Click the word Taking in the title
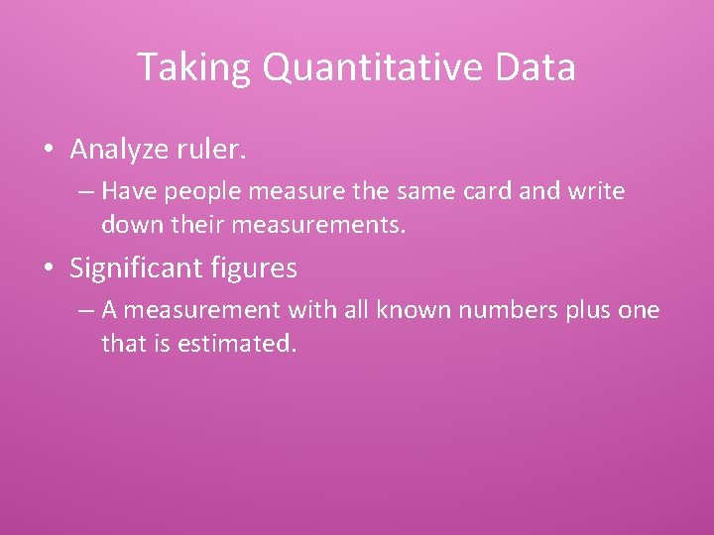tap(179, 67)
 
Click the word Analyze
tap(119, 151)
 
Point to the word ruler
tap(211, 151)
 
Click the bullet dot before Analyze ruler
tap(49, 151)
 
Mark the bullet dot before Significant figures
tap(49, 267)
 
